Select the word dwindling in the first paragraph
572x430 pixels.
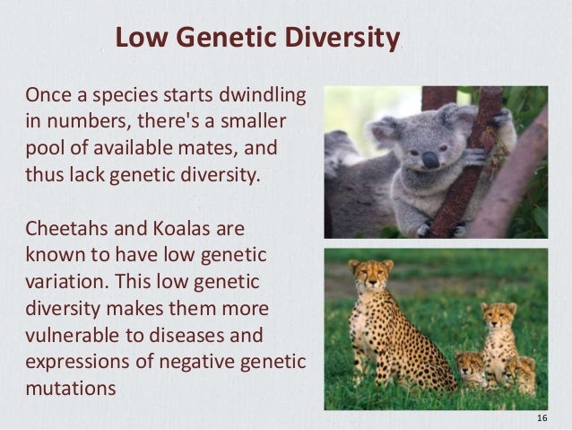click(261, 94)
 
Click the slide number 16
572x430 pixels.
click(541, 419)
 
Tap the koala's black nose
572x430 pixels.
click(430, 160)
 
